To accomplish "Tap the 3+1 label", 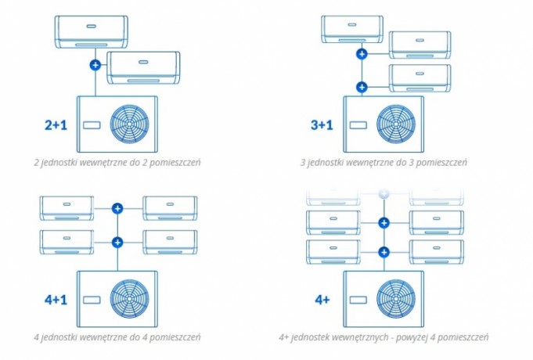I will pyautogui.click(x=322, y=124).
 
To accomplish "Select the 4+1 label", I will pyautogui.click(x=59, y=299).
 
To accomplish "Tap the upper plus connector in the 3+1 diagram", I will pyautogui.click(x=362, y=54).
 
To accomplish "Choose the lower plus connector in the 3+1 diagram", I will pyautogui.click(x=362, y=87).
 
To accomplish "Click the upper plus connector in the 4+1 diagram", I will pyautogui.click(x=117, y=208).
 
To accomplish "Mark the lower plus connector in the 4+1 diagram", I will pyautogui.click(x=117, y=242).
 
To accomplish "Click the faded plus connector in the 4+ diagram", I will pyautogui.click(x=384, y=193).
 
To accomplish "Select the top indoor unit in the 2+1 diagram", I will pyautogui.click(x=92, y=31).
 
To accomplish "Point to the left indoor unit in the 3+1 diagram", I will pyautogui.click(x=351, y=29).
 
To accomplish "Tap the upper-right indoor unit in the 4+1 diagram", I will pyautogui.click(x=170, y=207).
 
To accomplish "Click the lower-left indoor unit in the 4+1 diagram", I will pyautogui.click(x=67, y=241).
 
